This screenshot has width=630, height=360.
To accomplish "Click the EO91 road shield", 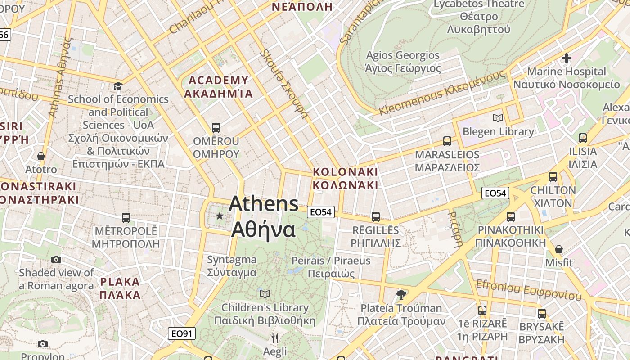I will (182, 333).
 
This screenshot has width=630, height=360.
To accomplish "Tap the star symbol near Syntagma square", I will (220, 216).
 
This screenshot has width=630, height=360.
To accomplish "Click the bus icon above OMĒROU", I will (216, 128).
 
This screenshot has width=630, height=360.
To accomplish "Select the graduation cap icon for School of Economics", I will (118, 86).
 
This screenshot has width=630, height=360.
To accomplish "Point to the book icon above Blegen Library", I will (498, 118).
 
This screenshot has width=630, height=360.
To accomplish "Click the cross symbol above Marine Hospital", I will (566, 58).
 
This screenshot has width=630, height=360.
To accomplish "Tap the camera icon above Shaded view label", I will (56, 259).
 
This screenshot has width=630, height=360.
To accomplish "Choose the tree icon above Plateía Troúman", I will (401, 295).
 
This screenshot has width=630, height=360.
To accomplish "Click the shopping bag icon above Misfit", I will (559, 249).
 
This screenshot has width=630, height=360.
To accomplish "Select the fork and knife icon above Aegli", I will (275, 338).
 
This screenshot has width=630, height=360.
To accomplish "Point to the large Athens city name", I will (263, 216).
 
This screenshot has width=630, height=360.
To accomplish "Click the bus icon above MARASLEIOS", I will (447, 141).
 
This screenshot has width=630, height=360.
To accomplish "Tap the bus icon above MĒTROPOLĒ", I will (126, 218).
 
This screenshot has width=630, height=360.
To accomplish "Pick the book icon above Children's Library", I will (265, 294).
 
